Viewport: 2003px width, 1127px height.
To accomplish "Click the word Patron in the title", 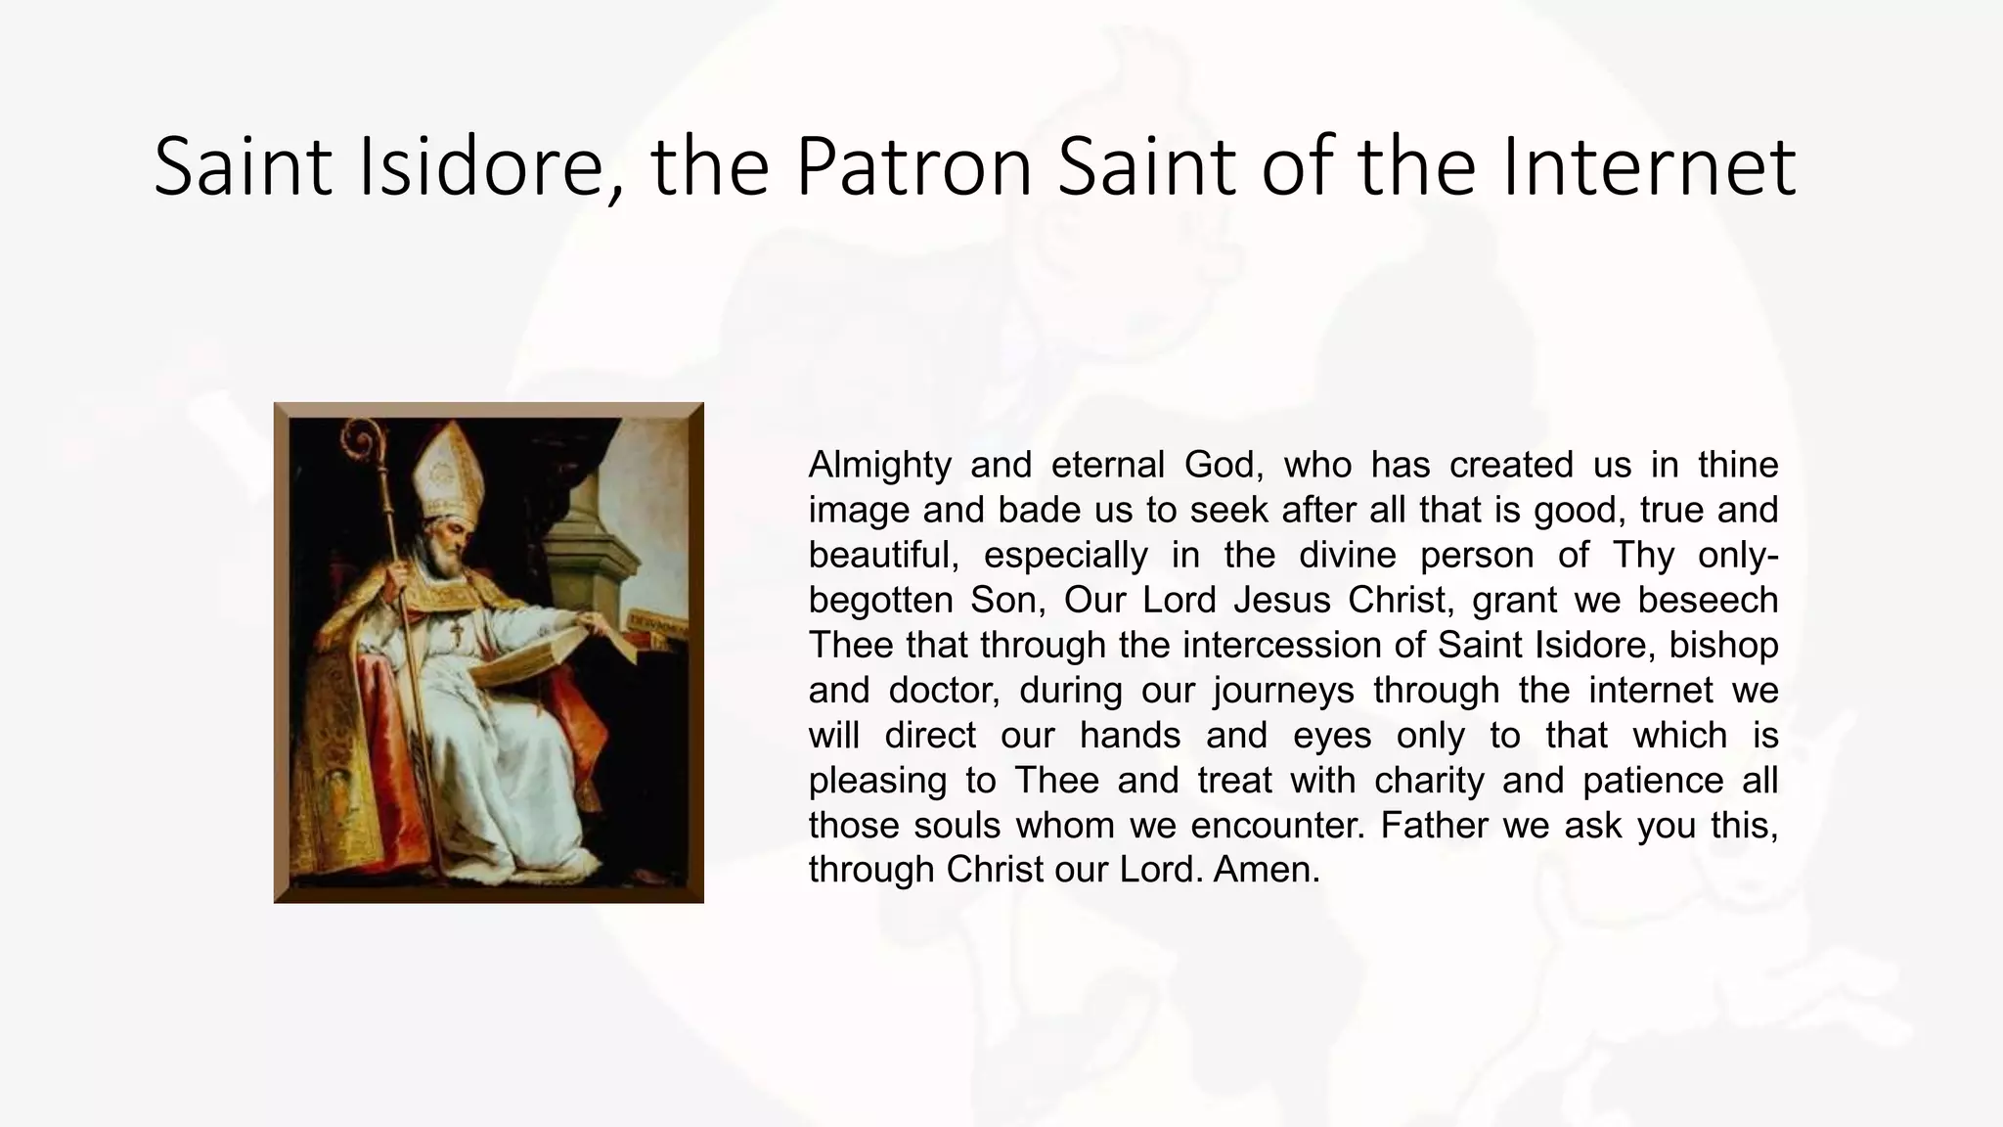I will click(x=912, y=167).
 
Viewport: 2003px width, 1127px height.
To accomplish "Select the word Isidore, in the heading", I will click(x=490, y=167).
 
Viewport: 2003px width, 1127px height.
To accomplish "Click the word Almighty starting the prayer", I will click(x=879, y=465).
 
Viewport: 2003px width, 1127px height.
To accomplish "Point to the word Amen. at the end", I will click(x=1267, y=870).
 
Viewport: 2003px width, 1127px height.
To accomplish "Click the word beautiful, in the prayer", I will click(x=885, y=555).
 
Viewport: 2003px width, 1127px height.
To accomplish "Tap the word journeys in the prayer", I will click(x=1282, y=690).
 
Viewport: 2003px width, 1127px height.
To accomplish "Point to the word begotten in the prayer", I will click(x=880, y=600).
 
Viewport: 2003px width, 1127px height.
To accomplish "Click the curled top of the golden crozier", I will click(x=363, y=440).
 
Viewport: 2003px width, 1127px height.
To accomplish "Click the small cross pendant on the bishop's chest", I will click(x=457, y=633).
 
